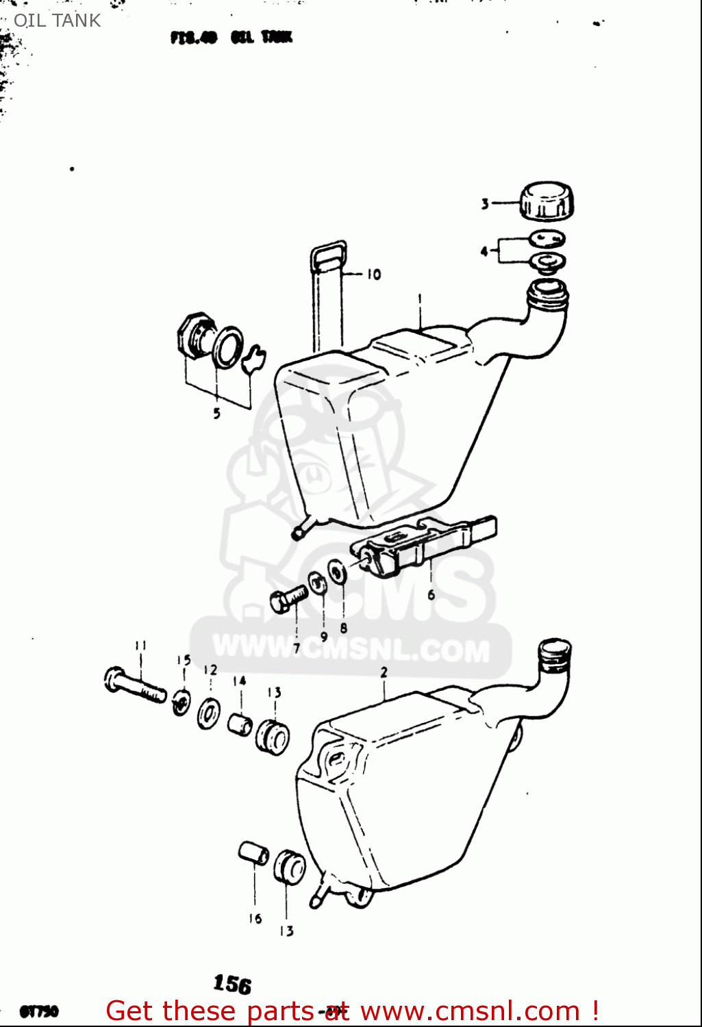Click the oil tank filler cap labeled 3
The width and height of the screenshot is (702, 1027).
click(x=547, y=201)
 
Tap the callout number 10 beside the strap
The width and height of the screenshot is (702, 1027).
click(x=373, y=275)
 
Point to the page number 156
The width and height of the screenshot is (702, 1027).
click(x=232, y=984)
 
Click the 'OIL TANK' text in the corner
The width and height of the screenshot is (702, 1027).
click(x=57, y=21)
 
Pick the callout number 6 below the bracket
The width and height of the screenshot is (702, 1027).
click(x=431, y=594)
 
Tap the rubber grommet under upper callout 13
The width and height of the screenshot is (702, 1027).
click(x=273, y=737)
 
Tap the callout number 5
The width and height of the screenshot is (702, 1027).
click(x=216, y=414)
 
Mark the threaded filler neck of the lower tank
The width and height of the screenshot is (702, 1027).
click(x=555, y=656)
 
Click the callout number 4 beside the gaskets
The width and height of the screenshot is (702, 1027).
click(x=484, y=251)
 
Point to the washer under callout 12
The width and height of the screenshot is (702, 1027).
click(x=209, y=714)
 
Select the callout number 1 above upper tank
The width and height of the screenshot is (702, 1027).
click(x=420, y=299)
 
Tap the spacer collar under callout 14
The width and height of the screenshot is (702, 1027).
click(x=240, y=724)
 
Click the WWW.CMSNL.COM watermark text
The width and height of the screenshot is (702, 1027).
click(x=351, y=648)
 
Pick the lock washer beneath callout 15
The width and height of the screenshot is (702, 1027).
click(x=181, y=702)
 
